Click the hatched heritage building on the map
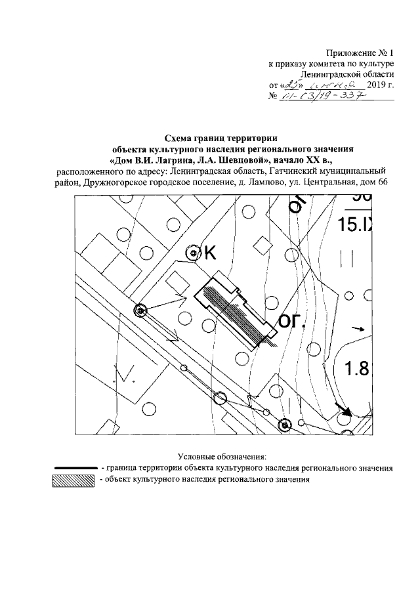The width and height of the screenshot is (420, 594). (x=236, y=312)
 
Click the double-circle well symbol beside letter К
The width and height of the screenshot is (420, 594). (x=193, y=253)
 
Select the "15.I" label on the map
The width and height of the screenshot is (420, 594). (x=354, y=224)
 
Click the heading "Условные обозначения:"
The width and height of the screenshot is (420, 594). (x=221, y=456)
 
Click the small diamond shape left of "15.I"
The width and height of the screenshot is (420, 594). (x=262, y=244)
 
